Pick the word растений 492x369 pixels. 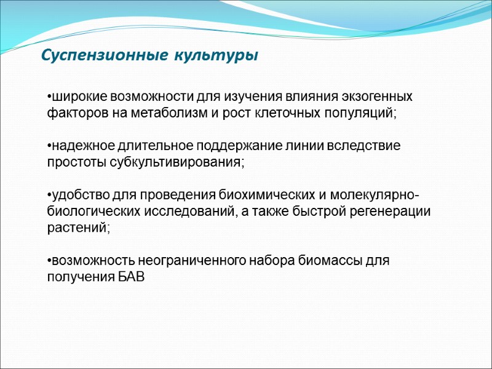(x=78, y=228)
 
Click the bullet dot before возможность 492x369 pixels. (x=49, y=260)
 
